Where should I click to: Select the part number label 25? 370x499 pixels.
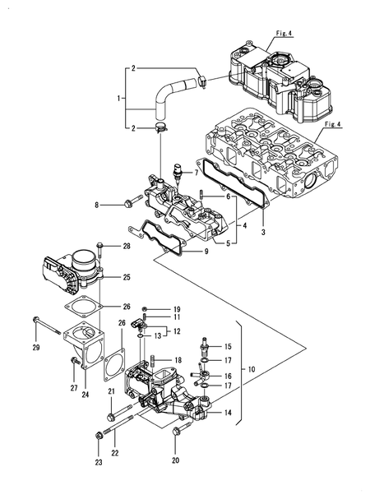(127, 277)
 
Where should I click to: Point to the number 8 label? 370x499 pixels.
(96, 205)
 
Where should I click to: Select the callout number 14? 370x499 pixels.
(226, 414)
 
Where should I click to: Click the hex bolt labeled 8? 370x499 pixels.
(127, 202)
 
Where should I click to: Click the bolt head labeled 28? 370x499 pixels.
(99, 244)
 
